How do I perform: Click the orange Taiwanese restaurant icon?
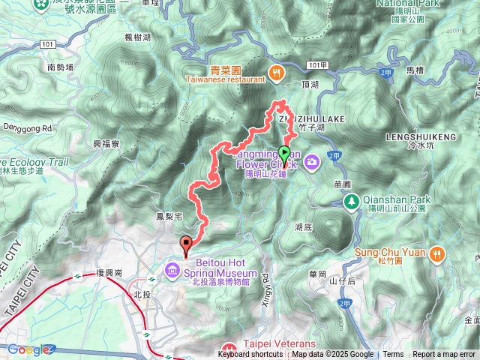click(x=277, y=72)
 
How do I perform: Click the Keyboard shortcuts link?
click(x=250, y=355)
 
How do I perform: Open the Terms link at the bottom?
click(x=393, y=355)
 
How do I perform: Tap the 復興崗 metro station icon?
click(x=77, y=276)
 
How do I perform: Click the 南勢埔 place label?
click(x=60, y=67)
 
